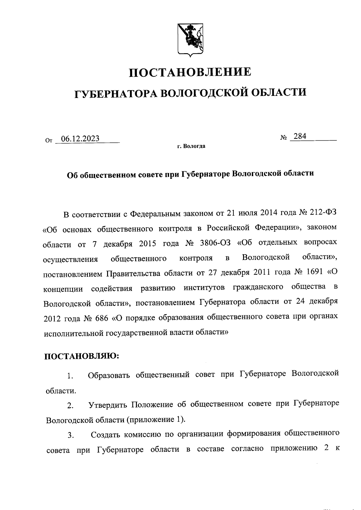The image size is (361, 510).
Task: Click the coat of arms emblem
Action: (x=190, y=39)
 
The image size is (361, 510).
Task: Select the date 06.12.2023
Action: (x=80, y=139)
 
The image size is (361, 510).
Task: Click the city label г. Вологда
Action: (x=191, y=147)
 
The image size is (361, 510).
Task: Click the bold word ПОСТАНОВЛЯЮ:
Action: (x=82, y=356)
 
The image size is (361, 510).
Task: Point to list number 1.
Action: (x=70, y=376)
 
